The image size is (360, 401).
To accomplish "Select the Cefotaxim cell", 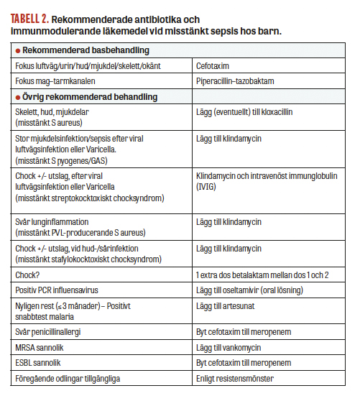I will tap(216, 66).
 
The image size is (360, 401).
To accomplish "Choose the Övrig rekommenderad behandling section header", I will tap(90, 96).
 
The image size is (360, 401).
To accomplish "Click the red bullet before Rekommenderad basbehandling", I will tap(18, 51).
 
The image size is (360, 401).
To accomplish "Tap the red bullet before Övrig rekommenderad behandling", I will tap(18, 96).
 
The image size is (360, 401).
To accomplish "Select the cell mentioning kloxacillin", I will tap(244, 113).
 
